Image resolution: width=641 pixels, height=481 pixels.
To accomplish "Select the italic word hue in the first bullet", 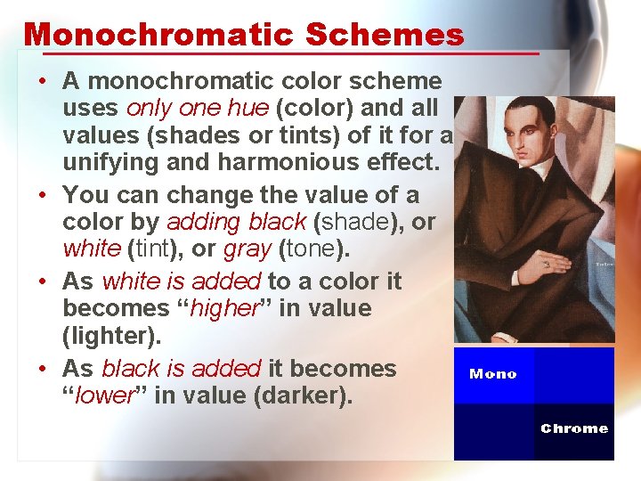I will coord(249,109).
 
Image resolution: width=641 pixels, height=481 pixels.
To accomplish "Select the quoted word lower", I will coord(102,395).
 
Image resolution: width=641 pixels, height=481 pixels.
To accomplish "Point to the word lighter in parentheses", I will coord(106,338).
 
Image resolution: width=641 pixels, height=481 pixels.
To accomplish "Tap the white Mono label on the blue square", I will coord(492,374).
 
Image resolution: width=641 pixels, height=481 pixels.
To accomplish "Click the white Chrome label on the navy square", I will coord(574,428).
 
